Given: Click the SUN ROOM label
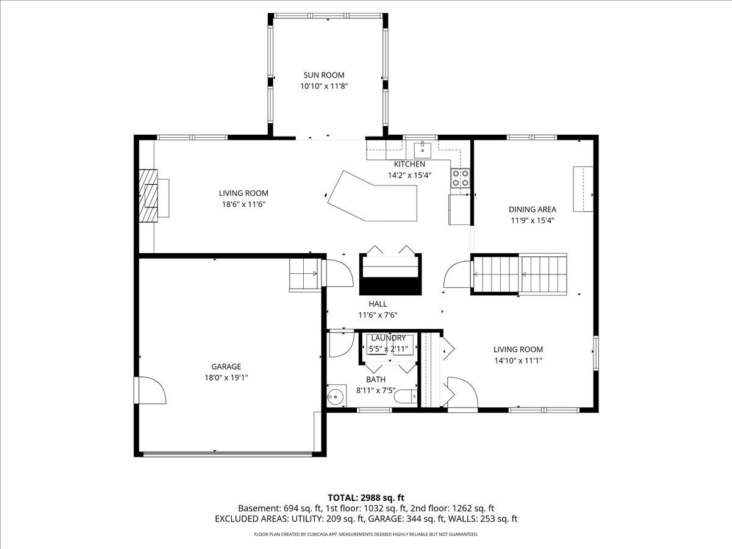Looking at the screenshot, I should (x=324, y=75).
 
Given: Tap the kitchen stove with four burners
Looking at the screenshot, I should (x=461, y=178).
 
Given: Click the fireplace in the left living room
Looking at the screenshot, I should (x=148, y=197).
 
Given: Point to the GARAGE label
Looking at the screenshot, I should (x=226, y=367).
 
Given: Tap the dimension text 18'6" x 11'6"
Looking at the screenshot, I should (x=243, y=204).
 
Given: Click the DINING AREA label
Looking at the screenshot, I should (x=533, y=209).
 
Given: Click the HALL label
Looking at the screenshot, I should (x=378, y=304).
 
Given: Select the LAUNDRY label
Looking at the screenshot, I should (x=388, y=338).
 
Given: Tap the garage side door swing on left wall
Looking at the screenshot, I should (x=150, y=390).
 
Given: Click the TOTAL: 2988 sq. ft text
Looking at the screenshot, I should (x=366, y=497).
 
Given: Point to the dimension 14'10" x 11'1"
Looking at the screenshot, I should (x=518, y=361).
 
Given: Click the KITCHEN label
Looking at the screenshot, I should (x=409, y=164).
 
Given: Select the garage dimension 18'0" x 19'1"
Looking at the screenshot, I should (x=226, y=378).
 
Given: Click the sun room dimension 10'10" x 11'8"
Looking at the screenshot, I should (x=324, y=86).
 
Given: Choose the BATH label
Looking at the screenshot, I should (x=376, y=379).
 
